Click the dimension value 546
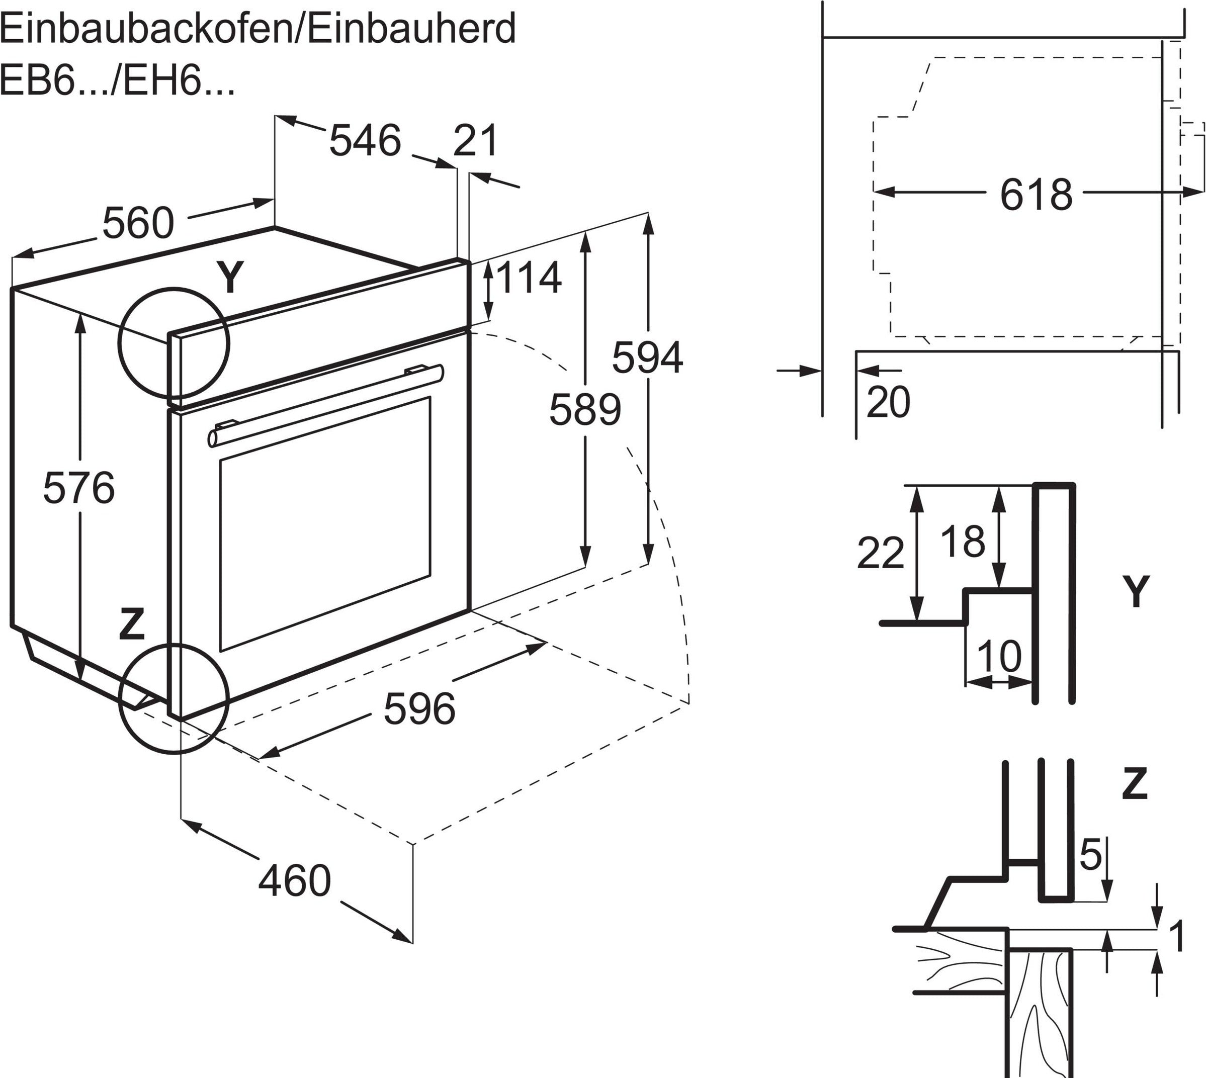pyautogui.click(x=365, y=141)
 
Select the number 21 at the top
pyautogui.click(x=476, y=141)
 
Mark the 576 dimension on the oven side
pyautogui.click(x=79, y=488)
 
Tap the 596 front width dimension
pyautogui.click(x=419, y=708)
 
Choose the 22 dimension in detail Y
pyautogui.click(x=880, y=553)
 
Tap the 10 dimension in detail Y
pyautogui.click(x=999, y=656)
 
